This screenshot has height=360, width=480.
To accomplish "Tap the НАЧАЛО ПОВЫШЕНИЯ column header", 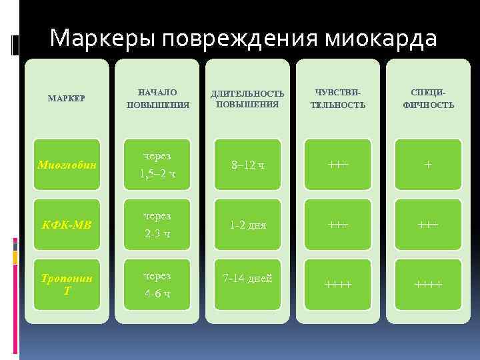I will tap(158, 99).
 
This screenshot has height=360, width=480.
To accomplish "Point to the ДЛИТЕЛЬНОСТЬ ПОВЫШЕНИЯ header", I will tap(247, 99).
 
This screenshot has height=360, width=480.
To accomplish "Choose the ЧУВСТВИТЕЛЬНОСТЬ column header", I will tap(338, 99).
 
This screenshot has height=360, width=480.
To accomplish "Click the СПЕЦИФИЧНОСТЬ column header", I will tap(428, 99).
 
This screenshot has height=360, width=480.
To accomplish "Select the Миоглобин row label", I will tap(67, 164).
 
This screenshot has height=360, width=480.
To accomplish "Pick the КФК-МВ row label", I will tap(67, 225).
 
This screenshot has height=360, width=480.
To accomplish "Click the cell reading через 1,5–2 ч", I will tap(158, 165).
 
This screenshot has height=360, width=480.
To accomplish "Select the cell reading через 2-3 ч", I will tap(158, 225).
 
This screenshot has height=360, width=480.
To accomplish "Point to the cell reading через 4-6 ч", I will tap(158, 285).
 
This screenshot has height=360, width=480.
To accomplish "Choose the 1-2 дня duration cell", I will tap(247, 225).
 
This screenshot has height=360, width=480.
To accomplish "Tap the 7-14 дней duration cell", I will tap(247, 278).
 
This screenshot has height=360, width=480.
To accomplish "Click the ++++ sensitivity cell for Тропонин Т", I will tap(338, 285).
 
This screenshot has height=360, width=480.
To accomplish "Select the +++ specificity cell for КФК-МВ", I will tap(428, 225).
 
